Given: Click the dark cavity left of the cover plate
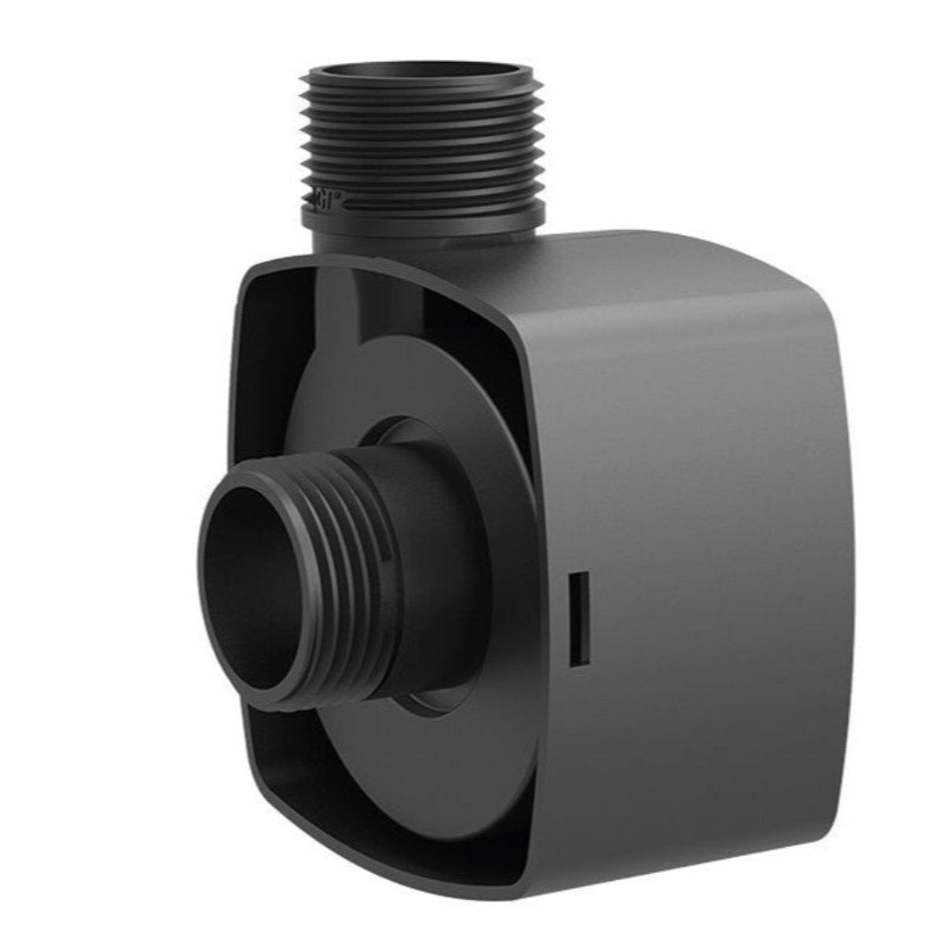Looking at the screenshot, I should (267, 393).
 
